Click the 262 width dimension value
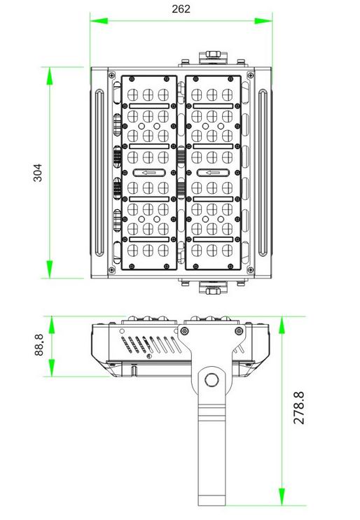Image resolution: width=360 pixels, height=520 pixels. tap(181, 9)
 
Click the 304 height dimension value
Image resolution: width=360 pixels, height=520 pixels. tap(38, 172)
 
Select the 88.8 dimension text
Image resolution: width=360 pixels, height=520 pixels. tap(39, 345)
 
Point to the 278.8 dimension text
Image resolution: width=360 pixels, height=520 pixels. tap(299, 407)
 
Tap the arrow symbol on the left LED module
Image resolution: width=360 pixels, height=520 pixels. tap(149, 172)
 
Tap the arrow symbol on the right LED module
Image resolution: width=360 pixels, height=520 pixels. tap(213, 172)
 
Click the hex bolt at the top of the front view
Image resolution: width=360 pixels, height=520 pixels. tap(213, 54)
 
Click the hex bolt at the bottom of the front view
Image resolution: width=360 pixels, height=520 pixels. tap(213, 291)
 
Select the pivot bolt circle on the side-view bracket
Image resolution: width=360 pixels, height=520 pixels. tap(212, 380)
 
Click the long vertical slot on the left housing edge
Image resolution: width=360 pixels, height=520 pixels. tap(99, 172)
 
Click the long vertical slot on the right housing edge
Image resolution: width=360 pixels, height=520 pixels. tap(263, 172)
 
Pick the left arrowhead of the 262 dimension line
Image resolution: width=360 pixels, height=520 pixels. tap(99, 21)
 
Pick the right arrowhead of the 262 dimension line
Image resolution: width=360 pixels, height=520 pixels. tap(263, 21)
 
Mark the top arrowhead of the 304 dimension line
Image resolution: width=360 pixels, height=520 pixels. tap(50, 76)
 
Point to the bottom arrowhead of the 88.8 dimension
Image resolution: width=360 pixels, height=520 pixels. tap(52, 368)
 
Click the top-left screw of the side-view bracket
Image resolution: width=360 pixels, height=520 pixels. tap(184, 330)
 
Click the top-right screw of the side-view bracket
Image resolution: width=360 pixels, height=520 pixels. tap(239, 330)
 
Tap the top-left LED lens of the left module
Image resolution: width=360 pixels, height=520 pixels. tap(132, 95)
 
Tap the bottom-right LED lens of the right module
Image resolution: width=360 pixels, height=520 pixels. tap(228, 251)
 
